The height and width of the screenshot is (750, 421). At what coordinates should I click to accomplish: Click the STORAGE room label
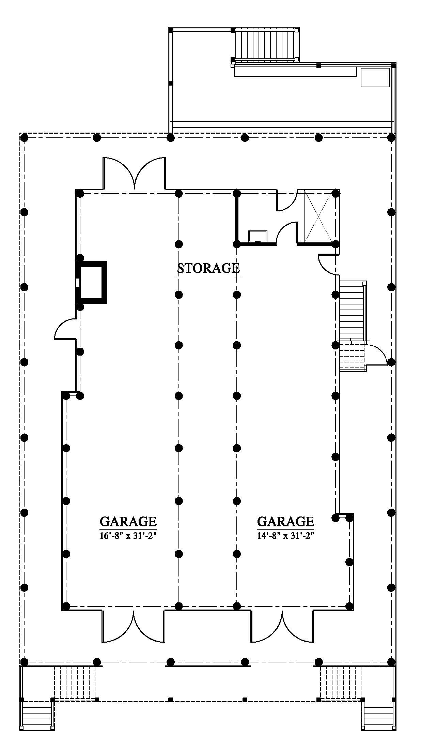click(x=208, y=268)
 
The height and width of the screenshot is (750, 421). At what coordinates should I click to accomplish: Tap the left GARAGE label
click(x=128, y=522)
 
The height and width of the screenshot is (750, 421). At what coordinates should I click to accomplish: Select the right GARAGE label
click(x=285, y=522)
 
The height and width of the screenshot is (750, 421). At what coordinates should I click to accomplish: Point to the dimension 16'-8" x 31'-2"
click(x=128, y=536)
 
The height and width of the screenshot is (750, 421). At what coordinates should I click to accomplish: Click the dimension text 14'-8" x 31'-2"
click(x=285, y=536)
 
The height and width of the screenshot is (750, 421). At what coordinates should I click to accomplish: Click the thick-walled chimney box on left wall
click(x=91, y=282)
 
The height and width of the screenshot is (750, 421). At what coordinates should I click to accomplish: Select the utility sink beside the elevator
click(x=258, y=236)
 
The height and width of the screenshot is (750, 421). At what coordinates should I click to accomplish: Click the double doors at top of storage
click(x=134, y=173)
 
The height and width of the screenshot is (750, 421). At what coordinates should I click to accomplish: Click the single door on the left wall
click(x=65, y=329)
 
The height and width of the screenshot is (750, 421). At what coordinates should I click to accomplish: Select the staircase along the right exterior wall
click(x=353, y=326)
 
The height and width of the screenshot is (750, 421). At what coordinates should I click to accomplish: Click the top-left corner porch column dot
click(x=24, y=138)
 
